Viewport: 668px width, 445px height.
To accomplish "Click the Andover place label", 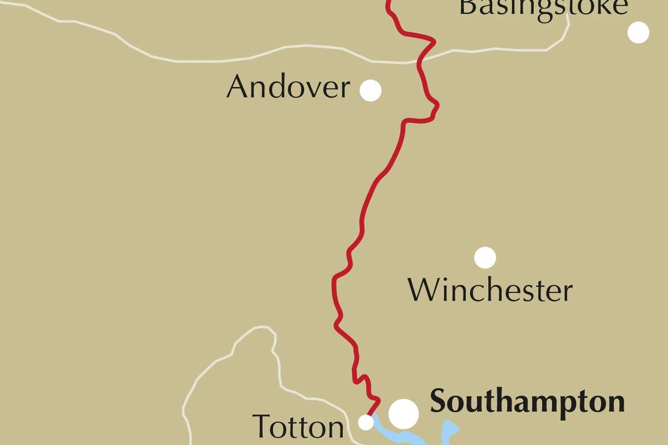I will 288,88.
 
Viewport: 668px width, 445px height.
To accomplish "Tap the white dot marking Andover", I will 370,90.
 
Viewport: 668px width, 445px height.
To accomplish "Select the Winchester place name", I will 490,290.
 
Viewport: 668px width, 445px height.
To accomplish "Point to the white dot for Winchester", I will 485,257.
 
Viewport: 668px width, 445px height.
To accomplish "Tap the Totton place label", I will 298,427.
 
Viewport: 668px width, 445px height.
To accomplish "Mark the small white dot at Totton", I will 366,423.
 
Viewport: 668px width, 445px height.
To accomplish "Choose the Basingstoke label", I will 536,7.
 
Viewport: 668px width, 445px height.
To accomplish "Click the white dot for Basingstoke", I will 638,32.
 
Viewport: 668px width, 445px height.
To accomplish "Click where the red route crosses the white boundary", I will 421,60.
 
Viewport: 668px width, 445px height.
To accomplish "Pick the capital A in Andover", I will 237,88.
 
